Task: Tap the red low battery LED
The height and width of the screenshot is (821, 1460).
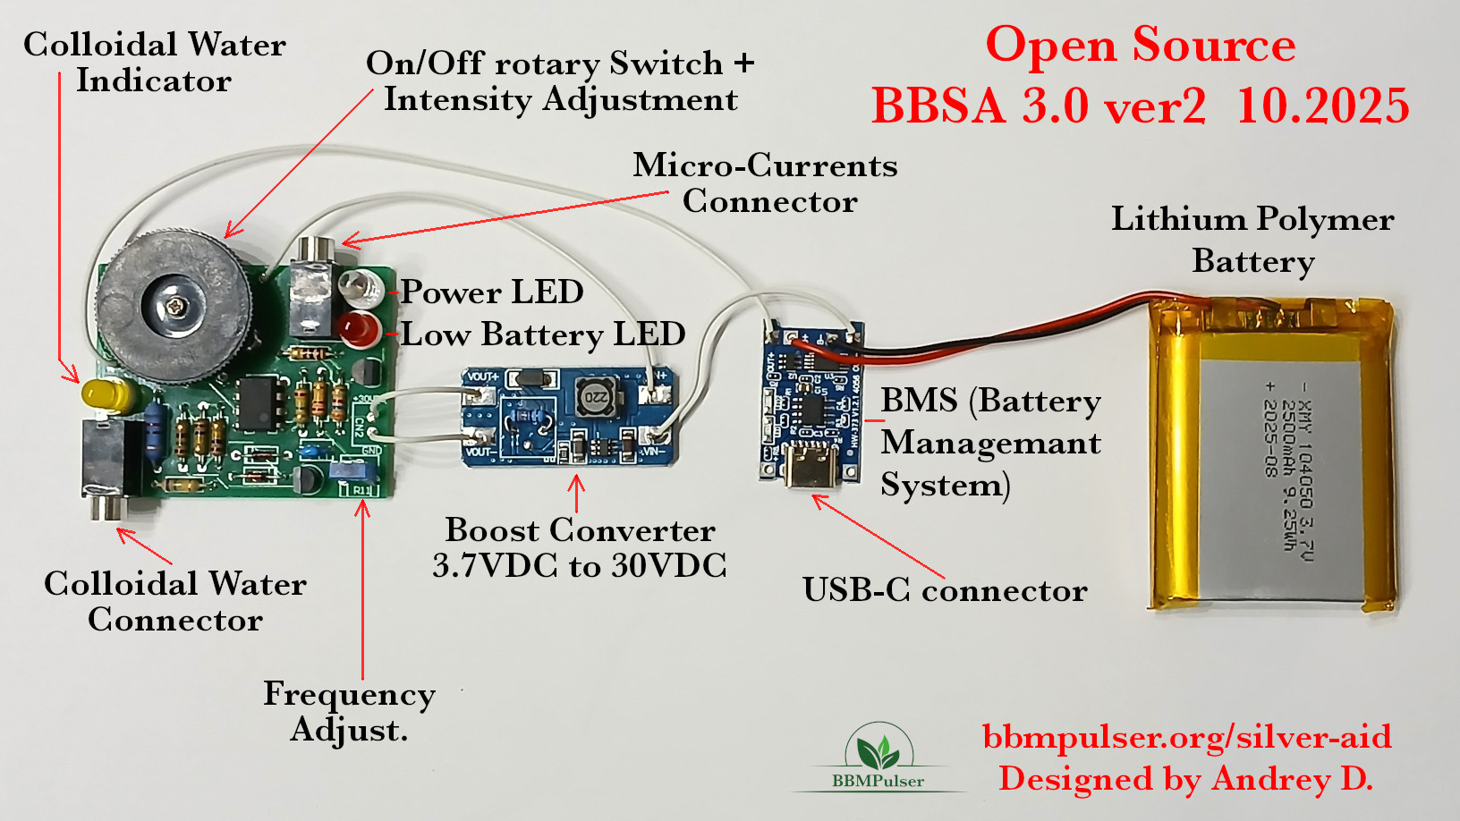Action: click(x=358, y=329)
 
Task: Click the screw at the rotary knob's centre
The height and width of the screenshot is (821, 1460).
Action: click(x=176, y=307)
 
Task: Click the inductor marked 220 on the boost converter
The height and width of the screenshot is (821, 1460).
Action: click(x=595, y=396)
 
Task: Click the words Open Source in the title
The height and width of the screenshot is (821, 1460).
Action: click(x=1140, y=45)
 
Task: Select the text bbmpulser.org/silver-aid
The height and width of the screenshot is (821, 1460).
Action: click(x=1186, y=737)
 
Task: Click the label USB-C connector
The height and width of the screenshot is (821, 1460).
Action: click(x=945, y=590)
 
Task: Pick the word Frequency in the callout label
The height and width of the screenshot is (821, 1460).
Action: click(x=349, y=694)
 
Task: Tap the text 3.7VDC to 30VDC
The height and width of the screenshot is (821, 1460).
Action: click(x=579, y=566)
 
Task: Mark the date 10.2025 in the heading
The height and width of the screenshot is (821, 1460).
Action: click(x=1322, y=106)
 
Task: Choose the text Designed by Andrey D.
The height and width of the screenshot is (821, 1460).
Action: click(x=1185, y=779)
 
